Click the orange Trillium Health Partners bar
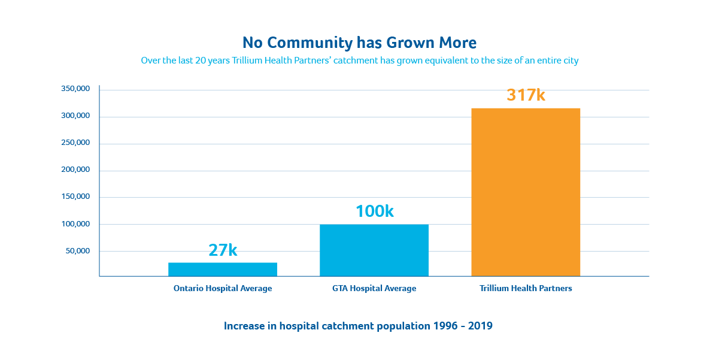coord(526,192)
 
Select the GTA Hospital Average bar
coord(374,250)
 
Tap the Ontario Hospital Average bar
coord(223,269)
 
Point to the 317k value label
coord(526,95)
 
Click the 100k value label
coord(374,211)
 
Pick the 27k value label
coord(223,250)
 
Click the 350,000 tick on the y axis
coord(75,89)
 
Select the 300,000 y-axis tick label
coord(75,116)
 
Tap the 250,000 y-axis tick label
coord(75,143)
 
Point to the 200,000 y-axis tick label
coord(75,170)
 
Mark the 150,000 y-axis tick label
coord(75,196)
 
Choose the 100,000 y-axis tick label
coord(75,224)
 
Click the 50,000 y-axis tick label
coord(78,250)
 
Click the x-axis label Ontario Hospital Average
coord(223,289)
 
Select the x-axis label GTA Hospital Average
coord(374,289)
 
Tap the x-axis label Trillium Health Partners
coord(526,289)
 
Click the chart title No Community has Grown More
coord(359,43)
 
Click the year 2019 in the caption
coord(480,326)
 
